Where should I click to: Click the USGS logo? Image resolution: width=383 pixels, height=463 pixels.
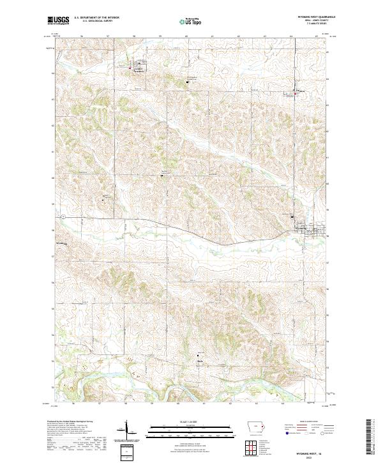click(x=58, y=20)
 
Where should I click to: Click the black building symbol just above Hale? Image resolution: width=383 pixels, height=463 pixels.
click(x=198, y=355)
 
